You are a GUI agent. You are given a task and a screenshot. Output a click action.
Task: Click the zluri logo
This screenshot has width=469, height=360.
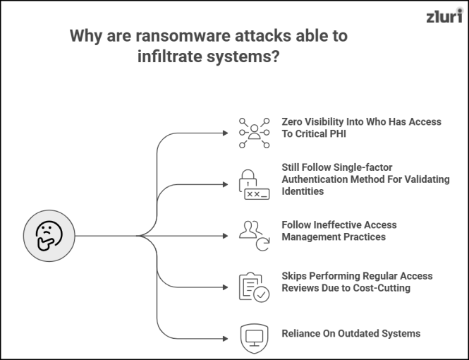[x=444, y=16]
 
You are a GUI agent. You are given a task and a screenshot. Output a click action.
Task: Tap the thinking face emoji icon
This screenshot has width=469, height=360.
[x=49, y=236]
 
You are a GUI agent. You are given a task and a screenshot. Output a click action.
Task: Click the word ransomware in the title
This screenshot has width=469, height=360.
[x=183, y=36]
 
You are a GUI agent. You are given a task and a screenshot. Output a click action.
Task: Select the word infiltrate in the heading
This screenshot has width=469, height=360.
[x=170, y=56]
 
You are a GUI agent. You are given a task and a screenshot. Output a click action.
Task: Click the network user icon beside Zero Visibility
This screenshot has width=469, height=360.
[x=254, y=133]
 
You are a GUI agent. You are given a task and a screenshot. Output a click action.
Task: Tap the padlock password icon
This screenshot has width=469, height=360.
[x=254, y=185]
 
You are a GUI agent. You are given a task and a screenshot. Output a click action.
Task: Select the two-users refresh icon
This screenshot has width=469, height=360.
[x=254, y=236]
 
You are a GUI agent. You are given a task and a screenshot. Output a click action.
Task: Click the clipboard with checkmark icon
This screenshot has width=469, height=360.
[x=254, y=287]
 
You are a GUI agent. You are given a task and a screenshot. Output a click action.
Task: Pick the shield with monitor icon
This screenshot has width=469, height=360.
[x=254, y=338]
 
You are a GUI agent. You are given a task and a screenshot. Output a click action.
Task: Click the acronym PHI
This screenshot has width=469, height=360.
[x=338, y=134]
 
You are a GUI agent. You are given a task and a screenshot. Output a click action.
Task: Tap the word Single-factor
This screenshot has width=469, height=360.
[x=359, y=167]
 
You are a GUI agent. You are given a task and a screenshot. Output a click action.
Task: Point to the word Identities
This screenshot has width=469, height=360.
[x=303, y=191]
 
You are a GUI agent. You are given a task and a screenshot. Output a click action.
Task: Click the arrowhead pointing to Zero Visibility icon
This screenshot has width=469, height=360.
[x=226, y=133]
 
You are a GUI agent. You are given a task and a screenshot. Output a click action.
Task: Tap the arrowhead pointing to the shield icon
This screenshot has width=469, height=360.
[x=226, y=339]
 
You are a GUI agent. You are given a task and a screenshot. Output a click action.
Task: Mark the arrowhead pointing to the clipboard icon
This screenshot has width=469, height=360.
[x=226, y=287]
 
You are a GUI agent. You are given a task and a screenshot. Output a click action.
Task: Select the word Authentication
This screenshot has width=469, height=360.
[x=315, y=179]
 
